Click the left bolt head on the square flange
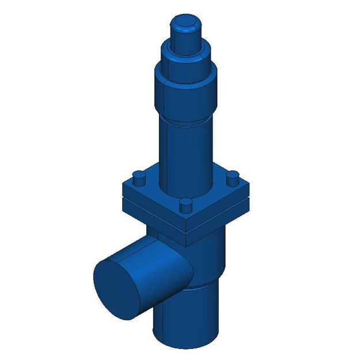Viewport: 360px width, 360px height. [x=138, y=177]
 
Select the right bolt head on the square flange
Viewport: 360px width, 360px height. [x=232, y=177]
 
